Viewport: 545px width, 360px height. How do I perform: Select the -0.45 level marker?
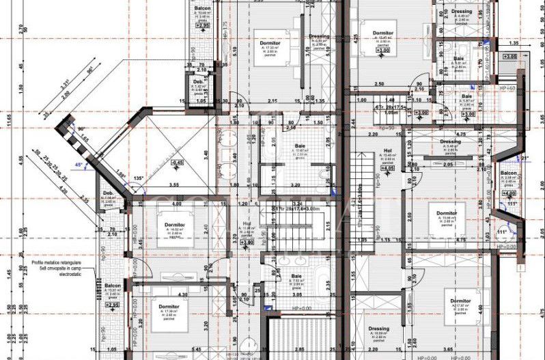pos(177,162)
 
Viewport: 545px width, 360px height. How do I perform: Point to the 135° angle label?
pos(138,179)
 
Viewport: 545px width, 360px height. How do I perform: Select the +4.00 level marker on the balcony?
pos(507,193)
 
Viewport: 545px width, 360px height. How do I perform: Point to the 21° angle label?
pos(525,159)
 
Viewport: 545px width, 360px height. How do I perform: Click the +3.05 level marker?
pos(509,56)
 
